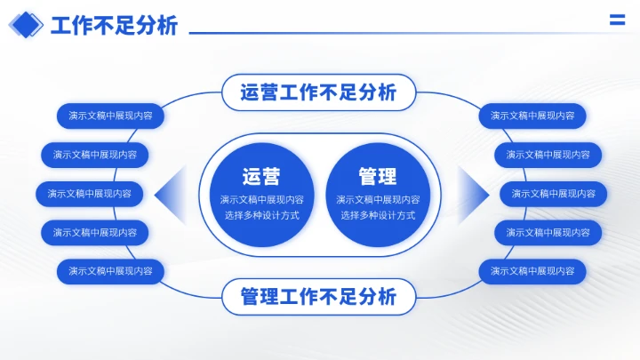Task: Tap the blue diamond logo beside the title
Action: pos(26,25)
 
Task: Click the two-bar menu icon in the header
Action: pos(616,21)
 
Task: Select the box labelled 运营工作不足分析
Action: pos(318,92)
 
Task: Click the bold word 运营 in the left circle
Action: pos(261,176)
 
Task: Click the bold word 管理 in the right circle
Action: pos(378,176)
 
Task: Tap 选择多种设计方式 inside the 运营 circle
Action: pos(261,215)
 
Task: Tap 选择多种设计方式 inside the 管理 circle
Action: pos(378,215)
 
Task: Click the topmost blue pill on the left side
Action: pos(110,116)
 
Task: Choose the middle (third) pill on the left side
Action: pos(89,194)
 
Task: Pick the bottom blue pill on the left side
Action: pos(110,271)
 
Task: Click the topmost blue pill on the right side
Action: pos(532,116)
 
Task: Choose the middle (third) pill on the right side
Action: pos(554,194)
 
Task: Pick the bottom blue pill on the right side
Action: pos(532,271)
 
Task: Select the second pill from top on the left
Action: pos(94,155)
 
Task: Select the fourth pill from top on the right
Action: pos(548,233)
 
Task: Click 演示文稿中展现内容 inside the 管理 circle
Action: pos(378,199)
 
